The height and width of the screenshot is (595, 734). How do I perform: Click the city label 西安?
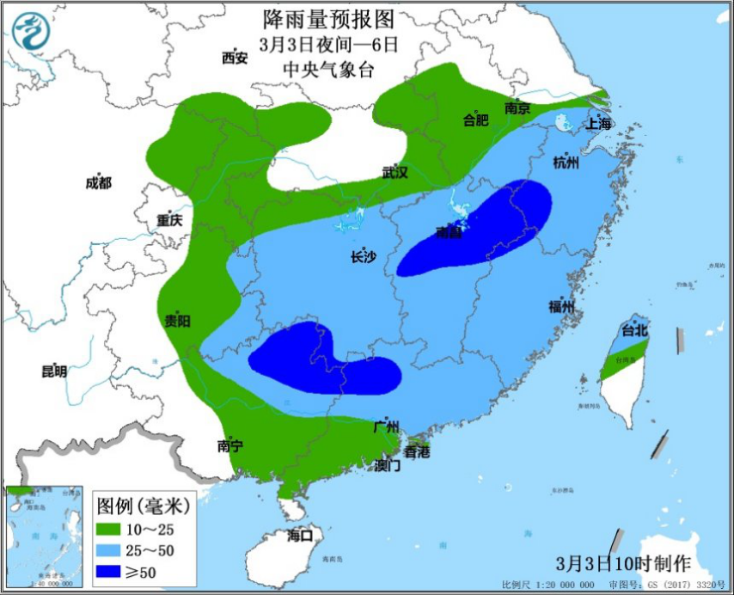pyautogui.click(x=235, y=58)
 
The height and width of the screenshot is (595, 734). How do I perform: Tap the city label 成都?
pyautogui.click(x=99, y=182)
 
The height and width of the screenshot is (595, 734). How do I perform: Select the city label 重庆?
pyautogui.click(x=169, y=220)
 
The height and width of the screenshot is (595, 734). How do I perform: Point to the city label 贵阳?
pyautogui.click(x=178, y=321)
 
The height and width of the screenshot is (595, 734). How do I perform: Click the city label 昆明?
pyautogui.click(x=54, y=371)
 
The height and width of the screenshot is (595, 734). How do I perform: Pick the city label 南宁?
pyautogui.click(x=230, y=445)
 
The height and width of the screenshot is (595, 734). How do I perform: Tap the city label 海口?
pyautogui.click(x=301, y=536)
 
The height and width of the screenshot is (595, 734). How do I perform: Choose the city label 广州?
pyautogui.click(x=387, y=426)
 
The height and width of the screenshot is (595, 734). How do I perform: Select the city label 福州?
pyautogui.click(x=561, y=307)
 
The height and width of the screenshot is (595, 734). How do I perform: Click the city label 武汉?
pyautogui.click(x=395, y=172)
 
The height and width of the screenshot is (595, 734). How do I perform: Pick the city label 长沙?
pyautogui.click(x=364, y=256)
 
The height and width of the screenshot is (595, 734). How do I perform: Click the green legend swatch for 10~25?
pyautogui.click(x=108, y=527)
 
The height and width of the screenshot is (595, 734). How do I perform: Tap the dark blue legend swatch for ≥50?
pyautogui.click(x=108, y=571)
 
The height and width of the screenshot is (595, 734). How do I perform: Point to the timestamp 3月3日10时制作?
pyautogui.click(x=623, y=564)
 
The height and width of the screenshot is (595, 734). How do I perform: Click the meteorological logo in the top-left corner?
pyautogui.click(x=31, y=31)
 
